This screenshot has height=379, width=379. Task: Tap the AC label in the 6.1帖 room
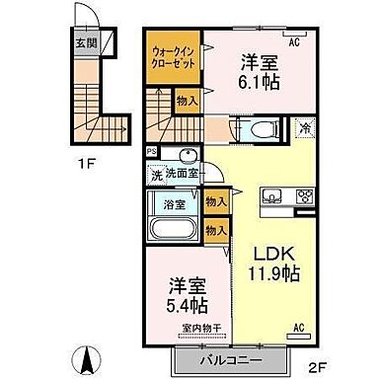[293, 42]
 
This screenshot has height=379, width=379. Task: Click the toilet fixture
[255, 128]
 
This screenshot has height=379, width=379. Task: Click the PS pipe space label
[150, 151]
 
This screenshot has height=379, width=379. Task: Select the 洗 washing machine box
[156, 175]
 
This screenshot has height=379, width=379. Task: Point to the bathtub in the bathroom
[174, 229]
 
